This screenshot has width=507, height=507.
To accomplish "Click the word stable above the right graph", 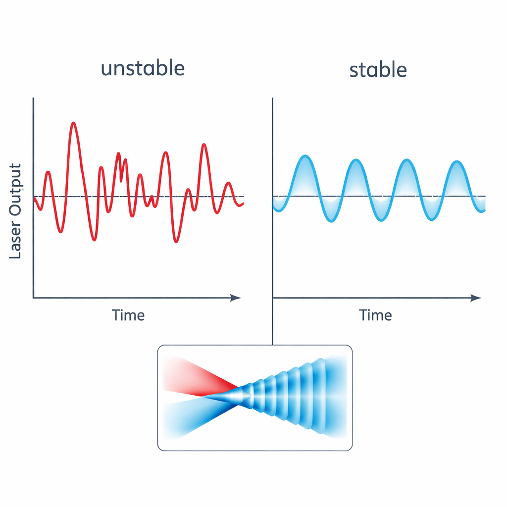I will tap(378, 70).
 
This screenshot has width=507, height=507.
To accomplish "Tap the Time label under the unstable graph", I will tap(128, 315).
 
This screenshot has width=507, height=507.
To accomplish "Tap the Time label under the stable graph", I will tap(375, 315).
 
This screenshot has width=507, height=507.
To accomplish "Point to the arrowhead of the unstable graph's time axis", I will tap(237, 298).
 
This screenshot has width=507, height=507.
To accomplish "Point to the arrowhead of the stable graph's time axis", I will tap(476, 298).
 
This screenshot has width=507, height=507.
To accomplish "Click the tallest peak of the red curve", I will tap(74, 123).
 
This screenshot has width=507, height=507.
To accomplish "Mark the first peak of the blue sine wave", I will tap(305, 156).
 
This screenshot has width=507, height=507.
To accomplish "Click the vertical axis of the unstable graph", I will tap(33, 198).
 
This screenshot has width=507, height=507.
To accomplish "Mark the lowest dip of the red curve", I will tap(176, 242).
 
